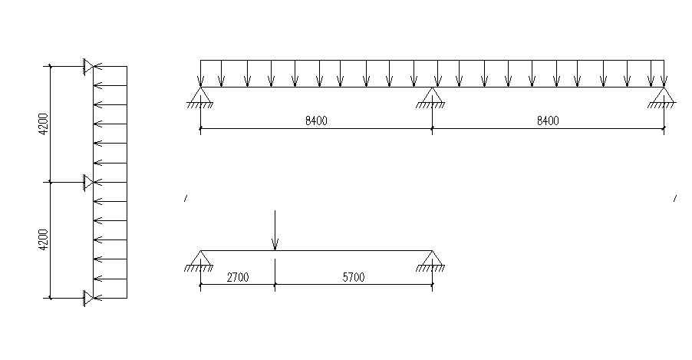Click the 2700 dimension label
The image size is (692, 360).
point(237,277)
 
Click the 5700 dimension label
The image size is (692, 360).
point(353,277)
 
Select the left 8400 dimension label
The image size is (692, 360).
point(316,120)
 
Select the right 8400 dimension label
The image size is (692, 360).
point(548,120)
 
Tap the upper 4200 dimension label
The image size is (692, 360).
point(44,124)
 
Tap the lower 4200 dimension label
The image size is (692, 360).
point(44,239)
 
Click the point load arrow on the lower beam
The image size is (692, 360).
point(275,230)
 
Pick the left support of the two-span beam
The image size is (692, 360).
point(200,96)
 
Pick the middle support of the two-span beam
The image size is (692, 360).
point(432,96)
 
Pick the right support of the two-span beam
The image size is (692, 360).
point(663,96)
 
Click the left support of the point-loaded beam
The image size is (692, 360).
point(199,259)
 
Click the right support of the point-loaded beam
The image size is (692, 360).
point(432,259)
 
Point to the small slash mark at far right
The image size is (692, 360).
point(675,199)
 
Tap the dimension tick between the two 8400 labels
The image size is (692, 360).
point(432,129)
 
